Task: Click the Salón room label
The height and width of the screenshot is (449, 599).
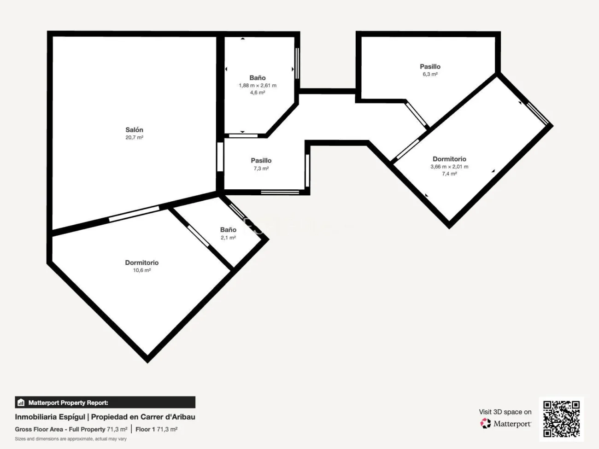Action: tap(134, 130)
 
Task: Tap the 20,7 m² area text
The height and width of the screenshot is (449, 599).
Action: tap(134, 137)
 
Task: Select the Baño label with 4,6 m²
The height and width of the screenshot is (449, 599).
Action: tap(257, 78)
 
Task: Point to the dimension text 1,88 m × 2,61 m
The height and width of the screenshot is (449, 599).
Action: tap(258, 85)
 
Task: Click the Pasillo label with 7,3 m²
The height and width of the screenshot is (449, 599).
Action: tap(261, 161)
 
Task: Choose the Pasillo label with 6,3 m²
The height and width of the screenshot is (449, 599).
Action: tap(430, 66)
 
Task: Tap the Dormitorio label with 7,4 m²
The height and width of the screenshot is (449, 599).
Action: tap(449, 159)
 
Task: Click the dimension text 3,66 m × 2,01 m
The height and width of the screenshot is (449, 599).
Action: tap(449, 167)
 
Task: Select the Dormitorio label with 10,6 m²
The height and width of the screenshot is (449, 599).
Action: tap(141, 262)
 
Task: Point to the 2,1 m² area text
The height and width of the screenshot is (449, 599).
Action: tap(228, 238)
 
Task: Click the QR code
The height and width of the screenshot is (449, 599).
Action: tap(561, 419)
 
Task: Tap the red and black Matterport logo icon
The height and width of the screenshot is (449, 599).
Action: tap(486, 423)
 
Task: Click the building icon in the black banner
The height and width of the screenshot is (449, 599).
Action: tap(21, 402)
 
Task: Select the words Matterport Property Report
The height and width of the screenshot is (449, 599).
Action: tap(68, 402)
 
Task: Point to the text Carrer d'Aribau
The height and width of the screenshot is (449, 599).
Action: tap(168, 417)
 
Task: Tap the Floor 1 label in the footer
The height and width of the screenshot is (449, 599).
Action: tap(145, 429)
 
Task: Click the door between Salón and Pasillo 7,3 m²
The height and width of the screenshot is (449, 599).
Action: tap(220, 157)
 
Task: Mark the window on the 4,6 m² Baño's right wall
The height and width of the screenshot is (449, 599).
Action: tap(298, 64)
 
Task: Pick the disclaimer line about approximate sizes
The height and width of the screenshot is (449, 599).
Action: tap(70, 439)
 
